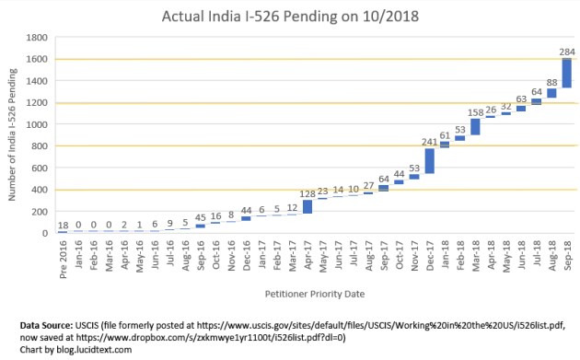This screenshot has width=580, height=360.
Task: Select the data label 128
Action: (x=307, y=193)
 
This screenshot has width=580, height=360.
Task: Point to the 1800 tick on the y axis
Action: (x=38, y=38)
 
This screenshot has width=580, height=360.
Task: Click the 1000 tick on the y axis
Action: (x=38, y=124)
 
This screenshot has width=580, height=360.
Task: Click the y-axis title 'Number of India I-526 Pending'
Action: (x=12, y=135)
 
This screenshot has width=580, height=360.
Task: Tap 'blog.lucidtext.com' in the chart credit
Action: (x=90, y=349)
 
